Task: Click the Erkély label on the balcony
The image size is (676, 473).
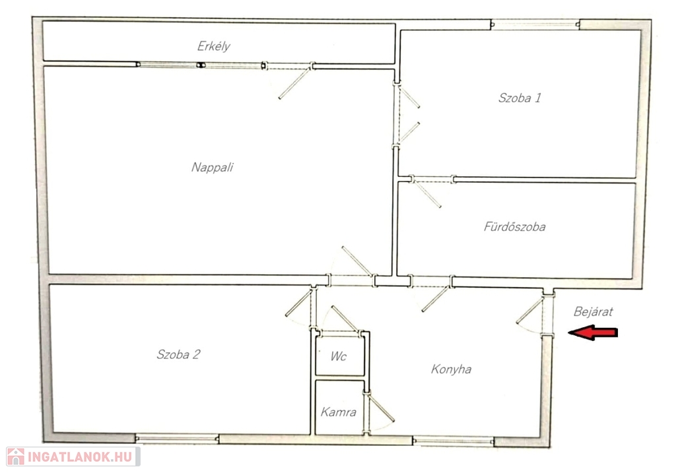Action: tap(213, 46)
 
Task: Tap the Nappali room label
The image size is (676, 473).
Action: tap(212, 167)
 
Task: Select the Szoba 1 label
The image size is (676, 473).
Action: tap(520, 98)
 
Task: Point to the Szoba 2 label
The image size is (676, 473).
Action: tap(178, 354)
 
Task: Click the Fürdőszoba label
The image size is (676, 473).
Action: tap(514, 226)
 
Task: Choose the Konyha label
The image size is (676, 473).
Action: tap(451, 369)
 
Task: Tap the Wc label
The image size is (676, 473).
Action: tap(339, 356)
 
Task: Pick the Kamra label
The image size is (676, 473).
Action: tap(339, 412)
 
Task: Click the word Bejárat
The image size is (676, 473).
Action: tap(593, 311)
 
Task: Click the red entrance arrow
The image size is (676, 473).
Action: tap(593, 332)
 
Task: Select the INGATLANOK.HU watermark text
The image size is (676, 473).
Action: tap(80, 457)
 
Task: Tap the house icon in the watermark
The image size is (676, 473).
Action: tap(16, 457)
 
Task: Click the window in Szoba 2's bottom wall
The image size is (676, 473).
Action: tap(177, 439)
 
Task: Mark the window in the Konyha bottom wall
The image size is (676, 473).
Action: tap(453, 441)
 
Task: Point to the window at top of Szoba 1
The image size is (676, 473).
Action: tap(535, 24)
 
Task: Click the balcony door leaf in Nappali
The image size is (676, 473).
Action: tap(294, 83)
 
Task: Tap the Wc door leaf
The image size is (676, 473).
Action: tap(345, 319)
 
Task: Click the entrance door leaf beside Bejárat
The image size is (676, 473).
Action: tap(529, 311)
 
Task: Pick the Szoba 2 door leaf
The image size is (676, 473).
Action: tap(298, 304)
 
